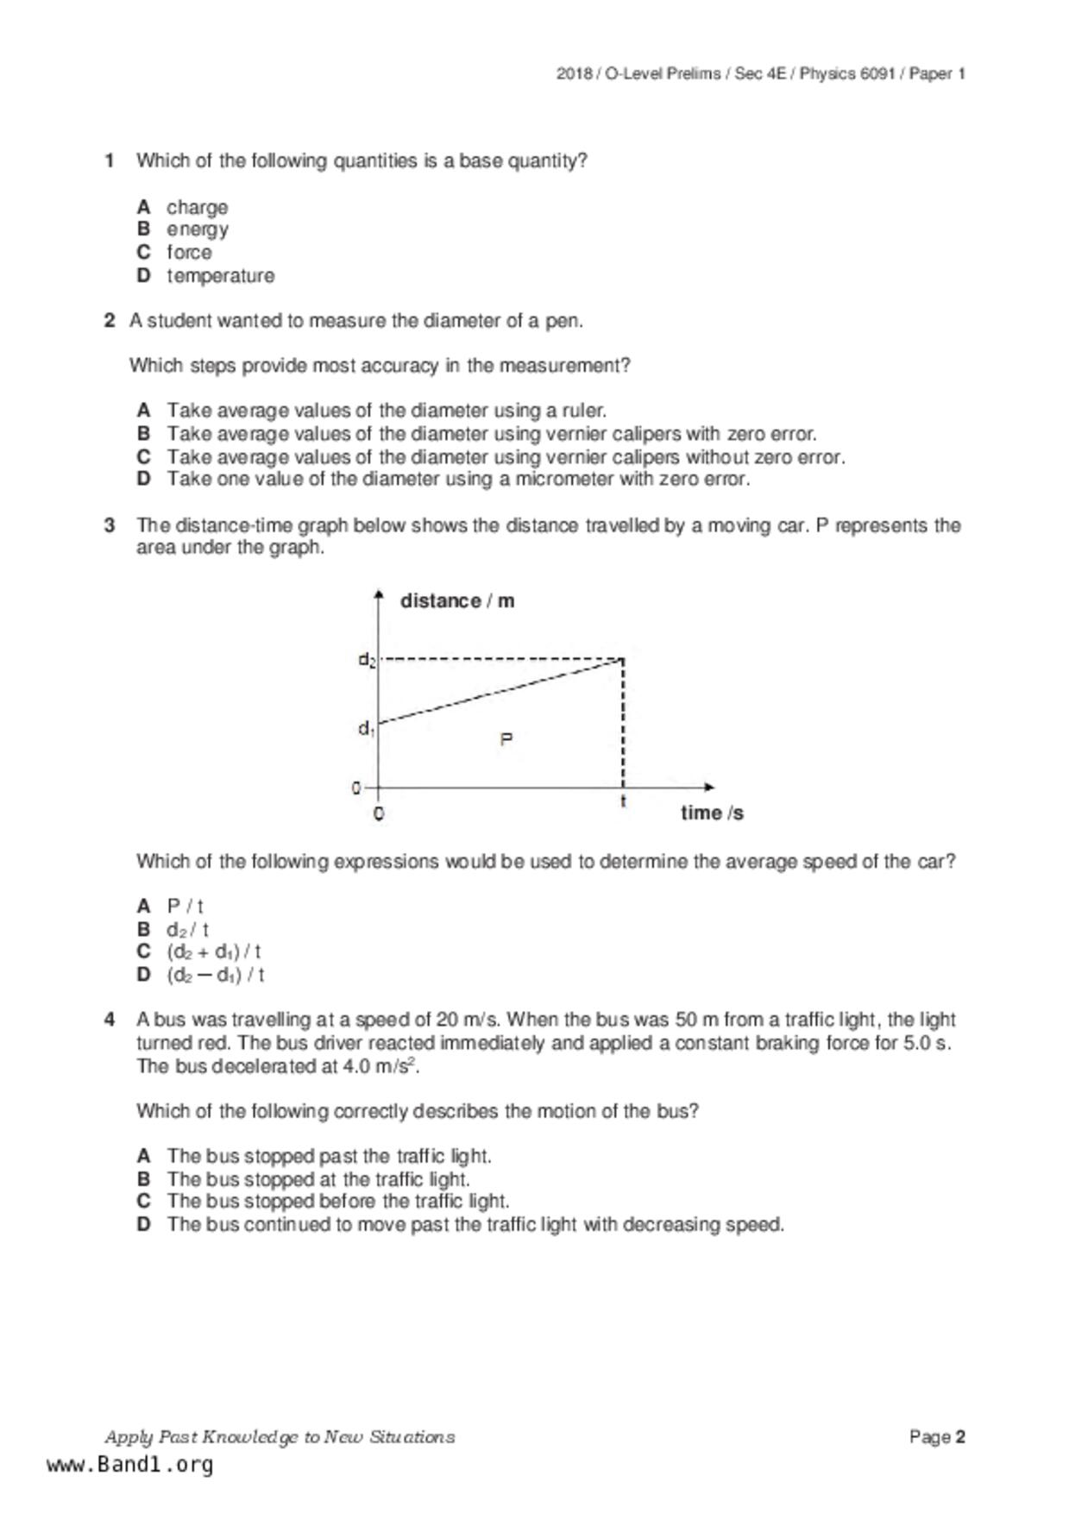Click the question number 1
110,161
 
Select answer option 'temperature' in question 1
220,276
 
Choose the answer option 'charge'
197,208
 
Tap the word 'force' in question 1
189,253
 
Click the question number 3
110,525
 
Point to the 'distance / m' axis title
456,601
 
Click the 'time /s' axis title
711,813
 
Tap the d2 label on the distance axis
367,661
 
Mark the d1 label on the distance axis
366,729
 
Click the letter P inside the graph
506,739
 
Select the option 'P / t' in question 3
185,907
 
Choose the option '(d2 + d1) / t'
213,952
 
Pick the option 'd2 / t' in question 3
187,930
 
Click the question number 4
110,1020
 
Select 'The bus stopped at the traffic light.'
318,1179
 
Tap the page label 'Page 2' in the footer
936,1437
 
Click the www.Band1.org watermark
129,1465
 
